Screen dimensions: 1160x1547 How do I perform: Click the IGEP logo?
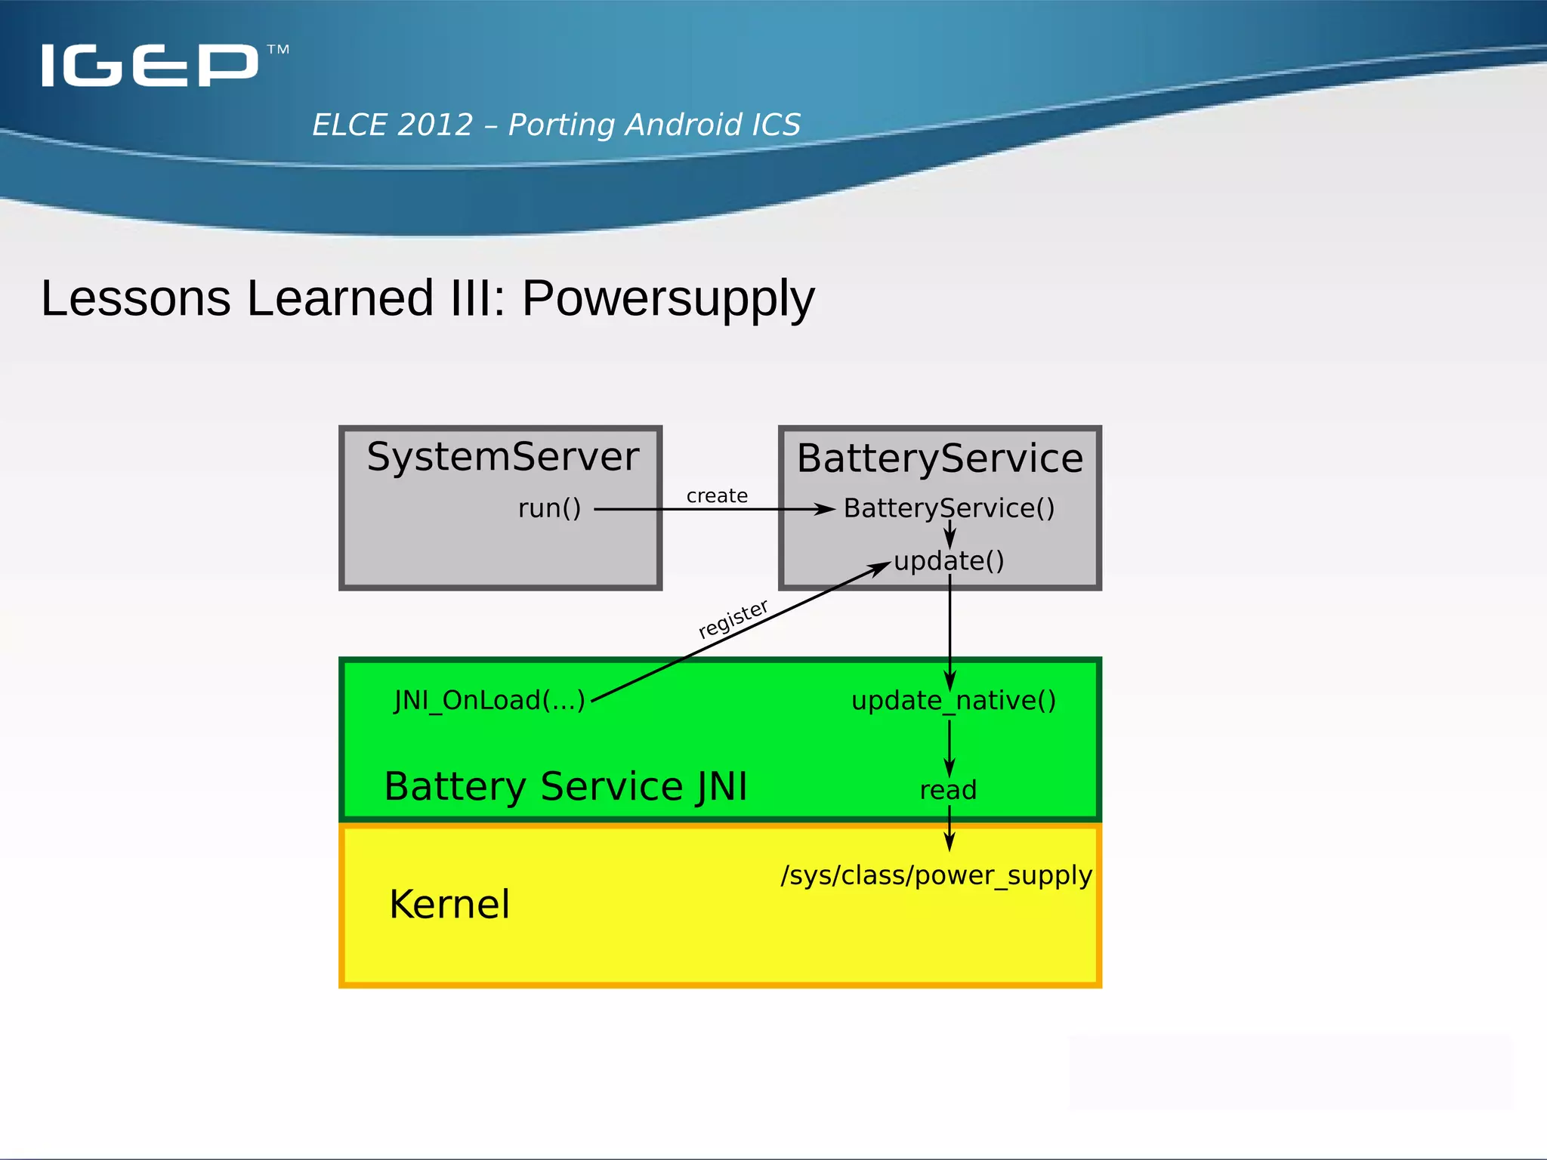[x=150, y=65]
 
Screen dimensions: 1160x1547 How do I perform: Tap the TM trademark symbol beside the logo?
[x=278, y=50]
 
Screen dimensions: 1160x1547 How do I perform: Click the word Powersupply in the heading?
[x=668, y=298]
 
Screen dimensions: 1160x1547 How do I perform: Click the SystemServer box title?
[x=502, y=457]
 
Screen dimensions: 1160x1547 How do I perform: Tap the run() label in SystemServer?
[x=549, y=508]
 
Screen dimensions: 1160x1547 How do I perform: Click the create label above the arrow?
[x=717, y=496]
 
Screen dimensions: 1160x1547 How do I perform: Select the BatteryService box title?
[x=940, y=458]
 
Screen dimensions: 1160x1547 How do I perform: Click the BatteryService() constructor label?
[x=949, y=508]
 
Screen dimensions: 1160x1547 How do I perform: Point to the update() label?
[x=949, y=561]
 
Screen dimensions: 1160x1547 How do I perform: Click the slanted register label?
[x=733, y=619]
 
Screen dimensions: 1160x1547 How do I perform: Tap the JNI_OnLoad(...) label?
[x=489, y=700]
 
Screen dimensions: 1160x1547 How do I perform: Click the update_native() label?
[x=953, y=701]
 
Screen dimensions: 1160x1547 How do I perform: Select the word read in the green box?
[x=948, y=790]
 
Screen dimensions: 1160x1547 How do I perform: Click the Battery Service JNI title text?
[x=565, y=786]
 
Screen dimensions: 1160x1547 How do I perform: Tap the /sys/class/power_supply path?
[x=937, y=875]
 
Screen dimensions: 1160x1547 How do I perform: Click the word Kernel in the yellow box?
[x=449, y=904]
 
